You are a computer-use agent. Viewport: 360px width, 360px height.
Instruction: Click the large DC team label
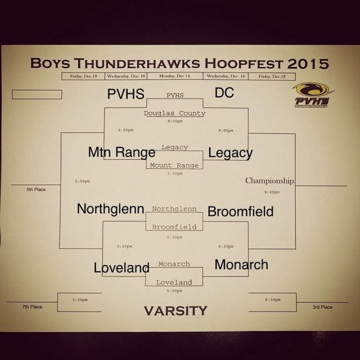tap(224, 93)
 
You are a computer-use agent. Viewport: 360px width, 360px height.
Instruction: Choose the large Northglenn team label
tap(111, 209)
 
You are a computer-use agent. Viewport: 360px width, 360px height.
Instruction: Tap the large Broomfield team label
tap(240, 211)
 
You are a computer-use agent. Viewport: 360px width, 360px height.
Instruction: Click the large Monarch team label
tap(241, 264)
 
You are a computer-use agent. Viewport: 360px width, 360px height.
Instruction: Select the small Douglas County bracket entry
tap(174, 113)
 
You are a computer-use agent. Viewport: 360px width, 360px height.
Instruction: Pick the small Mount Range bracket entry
tap(174, 165)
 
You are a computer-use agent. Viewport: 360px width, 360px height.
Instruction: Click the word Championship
tap(269, 181)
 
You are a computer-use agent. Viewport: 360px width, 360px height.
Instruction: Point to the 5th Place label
tap(36, 190)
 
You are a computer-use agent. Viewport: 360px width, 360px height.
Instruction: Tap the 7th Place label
tap(33, 307)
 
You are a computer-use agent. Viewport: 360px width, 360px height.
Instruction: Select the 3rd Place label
tap(322, 307)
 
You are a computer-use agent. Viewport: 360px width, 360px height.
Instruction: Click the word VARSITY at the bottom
tap(175, 310)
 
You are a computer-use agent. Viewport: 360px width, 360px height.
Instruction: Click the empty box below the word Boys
tap(37, 94)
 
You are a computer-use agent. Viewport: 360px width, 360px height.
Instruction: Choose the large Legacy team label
tap(230, 152)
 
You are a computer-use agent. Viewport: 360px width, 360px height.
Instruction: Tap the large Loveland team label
tap(121, 268)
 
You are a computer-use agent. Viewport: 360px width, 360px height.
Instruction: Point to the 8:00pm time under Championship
tap(272, 192)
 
